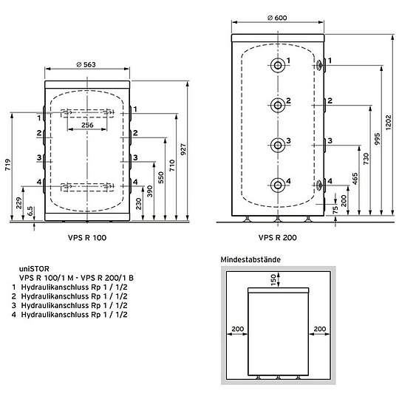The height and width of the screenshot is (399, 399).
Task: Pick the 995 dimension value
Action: click(378, 143)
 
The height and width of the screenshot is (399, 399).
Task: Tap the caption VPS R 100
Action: click(91, 237)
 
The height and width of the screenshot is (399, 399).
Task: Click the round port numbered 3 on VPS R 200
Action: click(278, 144)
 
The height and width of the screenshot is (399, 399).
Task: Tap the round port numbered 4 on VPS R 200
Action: click(278, 185)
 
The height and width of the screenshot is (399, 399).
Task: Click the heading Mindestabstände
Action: click(248, 260)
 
